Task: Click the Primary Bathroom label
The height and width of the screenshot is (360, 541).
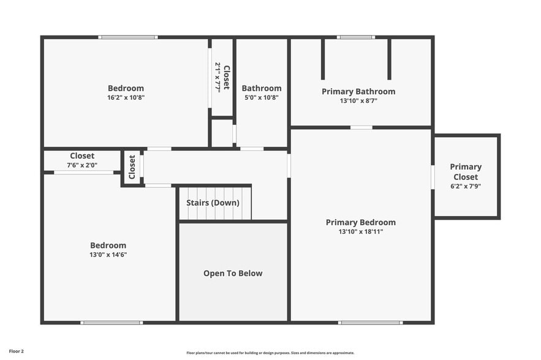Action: coord(358,91)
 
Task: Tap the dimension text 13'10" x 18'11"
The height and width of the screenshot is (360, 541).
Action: coord(360,231)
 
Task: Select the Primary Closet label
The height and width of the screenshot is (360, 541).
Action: coord(466,171)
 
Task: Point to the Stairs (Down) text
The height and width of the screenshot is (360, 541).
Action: coord(213,203)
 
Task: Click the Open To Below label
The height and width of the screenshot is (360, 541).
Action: coord(233,273)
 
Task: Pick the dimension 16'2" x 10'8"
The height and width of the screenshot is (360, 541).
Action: coord(126,97)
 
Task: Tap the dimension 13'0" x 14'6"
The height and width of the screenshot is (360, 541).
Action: coord(108,255)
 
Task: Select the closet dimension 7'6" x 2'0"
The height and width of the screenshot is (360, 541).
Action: coord(82,165)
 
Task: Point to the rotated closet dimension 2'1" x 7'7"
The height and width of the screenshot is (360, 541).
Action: coord(218,77)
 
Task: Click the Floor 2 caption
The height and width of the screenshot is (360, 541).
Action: coord(16,351)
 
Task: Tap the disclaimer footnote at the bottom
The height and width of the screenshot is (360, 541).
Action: coord(270,353)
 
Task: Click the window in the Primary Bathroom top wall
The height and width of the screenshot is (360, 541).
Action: coord(355,37)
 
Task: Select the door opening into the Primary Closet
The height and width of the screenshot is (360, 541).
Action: coord(433,176)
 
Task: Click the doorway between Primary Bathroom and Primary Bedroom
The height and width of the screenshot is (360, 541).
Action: coord(361,127)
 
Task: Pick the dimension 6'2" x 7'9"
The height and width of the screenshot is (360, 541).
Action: coord(466,186)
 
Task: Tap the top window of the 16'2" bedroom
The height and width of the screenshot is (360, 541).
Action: coord(128,37)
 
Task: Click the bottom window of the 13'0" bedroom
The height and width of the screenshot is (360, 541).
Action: coord(112,322)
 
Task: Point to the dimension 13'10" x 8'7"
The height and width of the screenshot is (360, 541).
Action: coord(358,101)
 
